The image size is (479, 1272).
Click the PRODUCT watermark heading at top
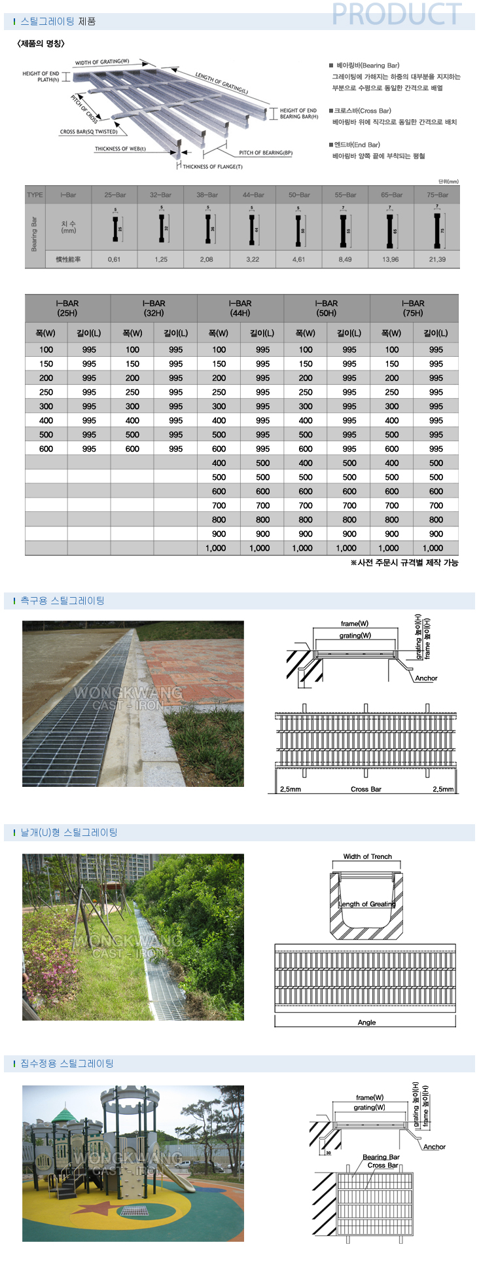coord(397,14)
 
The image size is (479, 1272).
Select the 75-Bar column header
coord(436,194)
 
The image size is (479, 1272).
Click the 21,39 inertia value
coord(436,259)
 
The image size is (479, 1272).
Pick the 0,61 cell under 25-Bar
coord(115,259)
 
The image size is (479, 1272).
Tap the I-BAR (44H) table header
coord(240,308)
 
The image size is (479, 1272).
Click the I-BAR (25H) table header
coord(67,308)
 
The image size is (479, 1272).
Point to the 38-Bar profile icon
coord(207,228)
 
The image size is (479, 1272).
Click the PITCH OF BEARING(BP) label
coord(266,153)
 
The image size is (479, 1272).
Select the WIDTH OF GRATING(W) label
coord(102,62)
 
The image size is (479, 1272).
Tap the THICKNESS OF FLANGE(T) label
coord(212,167)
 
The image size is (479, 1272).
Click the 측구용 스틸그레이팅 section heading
coord(62,600)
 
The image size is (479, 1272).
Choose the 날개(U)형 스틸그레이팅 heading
coord(69,832)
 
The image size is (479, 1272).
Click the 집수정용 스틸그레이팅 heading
coord(67,1063)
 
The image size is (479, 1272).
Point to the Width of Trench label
coord(367,856)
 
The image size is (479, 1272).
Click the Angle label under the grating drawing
coord(366,1022)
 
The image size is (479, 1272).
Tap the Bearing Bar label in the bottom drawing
coord(381,1157)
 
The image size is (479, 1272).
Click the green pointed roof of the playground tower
coord(64,1113)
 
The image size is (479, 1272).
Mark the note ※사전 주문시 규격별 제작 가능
coord(404,562)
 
